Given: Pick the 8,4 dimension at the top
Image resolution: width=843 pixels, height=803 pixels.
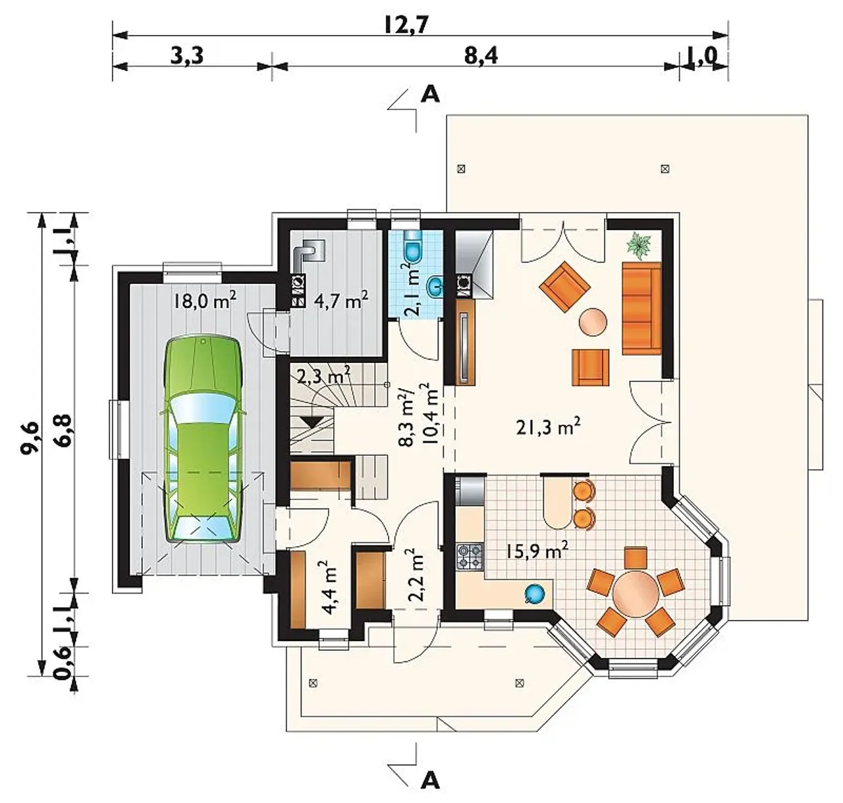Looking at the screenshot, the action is click(x=481, y=56).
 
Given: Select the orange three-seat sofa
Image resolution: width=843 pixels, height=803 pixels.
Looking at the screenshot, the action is click(x=641, y=308).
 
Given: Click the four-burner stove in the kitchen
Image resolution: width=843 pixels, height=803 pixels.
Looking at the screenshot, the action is click(x=470, y=557).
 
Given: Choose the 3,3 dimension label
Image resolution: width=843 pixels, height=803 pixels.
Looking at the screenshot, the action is click(x=186, y=56).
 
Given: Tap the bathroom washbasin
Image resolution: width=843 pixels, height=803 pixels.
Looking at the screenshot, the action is click(x=435, y=285).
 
